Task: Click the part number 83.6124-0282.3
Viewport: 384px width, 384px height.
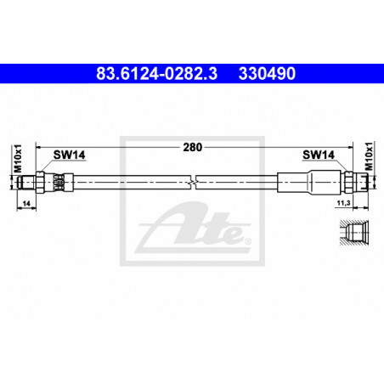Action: coord(157,74)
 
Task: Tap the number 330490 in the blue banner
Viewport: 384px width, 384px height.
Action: coord(267,74)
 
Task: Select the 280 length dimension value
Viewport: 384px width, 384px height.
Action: coord(193,147)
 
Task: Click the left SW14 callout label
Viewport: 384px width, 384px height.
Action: coord(69,155)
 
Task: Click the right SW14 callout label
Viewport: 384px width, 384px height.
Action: coord(319,155)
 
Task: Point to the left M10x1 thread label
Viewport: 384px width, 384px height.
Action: coord(18,158)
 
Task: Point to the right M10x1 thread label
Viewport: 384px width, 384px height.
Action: coord(369,156)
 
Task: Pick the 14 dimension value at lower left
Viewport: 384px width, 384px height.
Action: coord(26,203)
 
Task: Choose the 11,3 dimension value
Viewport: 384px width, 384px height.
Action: coord(343,203)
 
